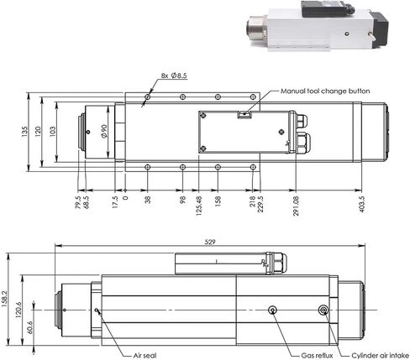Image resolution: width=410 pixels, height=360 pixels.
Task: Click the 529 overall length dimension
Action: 210,242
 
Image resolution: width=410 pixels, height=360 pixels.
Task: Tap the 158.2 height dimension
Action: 4,299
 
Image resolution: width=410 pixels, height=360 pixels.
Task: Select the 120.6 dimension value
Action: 18,310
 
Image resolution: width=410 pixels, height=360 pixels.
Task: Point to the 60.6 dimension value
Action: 29,327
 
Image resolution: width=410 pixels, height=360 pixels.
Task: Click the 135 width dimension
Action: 24,132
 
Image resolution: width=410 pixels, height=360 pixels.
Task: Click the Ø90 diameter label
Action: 104,131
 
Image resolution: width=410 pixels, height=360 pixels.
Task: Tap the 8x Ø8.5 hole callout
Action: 174,76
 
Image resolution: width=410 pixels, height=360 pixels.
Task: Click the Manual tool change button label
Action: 325,91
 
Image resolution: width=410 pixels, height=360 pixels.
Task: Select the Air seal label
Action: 145,356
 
